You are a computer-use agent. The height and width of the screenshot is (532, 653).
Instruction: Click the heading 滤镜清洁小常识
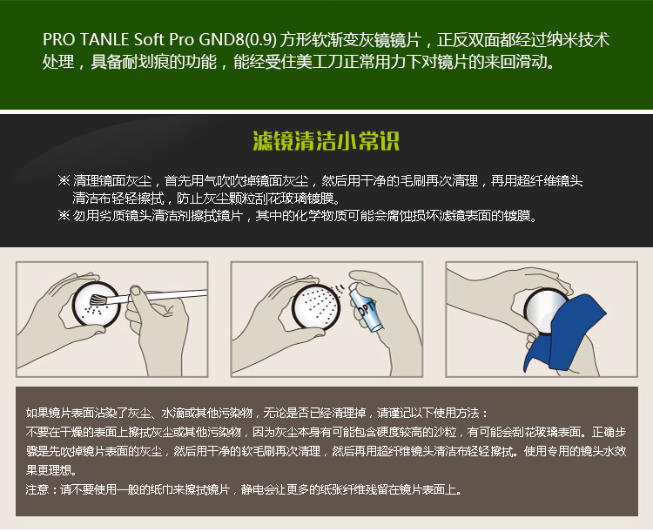[326, 141]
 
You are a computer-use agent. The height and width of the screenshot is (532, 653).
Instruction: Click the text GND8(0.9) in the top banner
[238, 40]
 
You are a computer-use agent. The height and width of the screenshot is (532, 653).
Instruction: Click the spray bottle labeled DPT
[366, 306]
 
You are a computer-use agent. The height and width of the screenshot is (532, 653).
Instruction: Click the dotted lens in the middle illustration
[316, 307]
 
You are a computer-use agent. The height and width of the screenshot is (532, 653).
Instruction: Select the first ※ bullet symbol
[64, 180]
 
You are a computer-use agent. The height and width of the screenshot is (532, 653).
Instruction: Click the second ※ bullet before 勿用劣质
[64, 215]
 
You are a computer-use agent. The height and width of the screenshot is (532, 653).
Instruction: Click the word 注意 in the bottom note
[37, 489]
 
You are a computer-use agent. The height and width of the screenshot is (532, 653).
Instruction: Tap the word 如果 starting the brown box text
[37, 413]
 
